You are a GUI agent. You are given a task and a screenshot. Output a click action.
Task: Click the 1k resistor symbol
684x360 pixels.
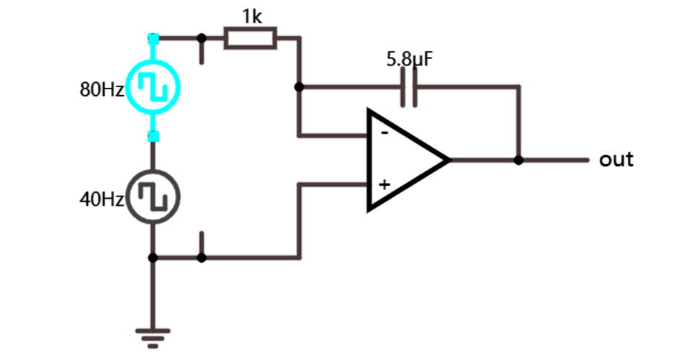point(250,38)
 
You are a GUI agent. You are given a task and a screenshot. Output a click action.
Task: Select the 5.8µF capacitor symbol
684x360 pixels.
point(410,86)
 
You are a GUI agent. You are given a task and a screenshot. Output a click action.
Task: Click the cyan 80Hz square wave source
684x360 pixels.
point(153,88)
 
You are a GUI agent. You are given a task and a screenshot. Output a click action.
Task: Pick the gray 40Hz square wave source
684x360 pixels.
point(153,196)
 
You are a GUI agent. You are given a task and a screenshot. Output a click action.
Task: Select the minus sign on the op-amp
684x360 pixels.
point(384,133)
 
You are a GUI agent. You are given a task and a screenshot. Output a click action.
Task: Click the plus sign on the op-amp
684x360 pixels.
point(384,184)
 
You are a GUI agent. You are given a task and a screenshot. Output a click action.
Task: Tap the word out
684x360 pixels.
point(616,159)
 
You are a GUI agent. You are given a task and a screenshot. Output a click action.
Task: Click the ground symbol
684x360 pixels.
point(153,336)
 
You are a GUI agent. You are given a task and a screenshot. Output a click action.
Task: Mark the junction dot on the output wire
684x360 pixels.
point(518,160)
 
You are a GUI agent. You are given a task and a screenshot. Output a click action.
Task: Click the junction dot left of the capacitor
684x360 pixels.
point(300,86)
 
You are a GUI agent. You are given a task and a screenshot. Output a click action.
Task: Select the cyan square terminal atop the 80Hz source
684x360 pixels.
point(153,38)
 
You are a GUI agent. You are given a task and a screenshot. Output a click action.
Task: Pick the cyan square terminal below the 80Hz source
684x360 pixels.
point(153,136)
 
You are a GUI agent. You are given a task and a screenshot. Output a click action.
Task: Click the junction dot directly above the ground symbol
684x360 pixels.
point(153,257)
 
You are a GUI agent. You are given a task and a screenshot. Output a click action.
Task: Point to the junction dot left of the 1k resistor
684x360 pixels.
point(202,38)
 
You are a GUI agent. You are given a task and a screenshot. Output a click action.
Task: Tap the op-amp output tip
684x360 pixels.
point(449,160)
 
